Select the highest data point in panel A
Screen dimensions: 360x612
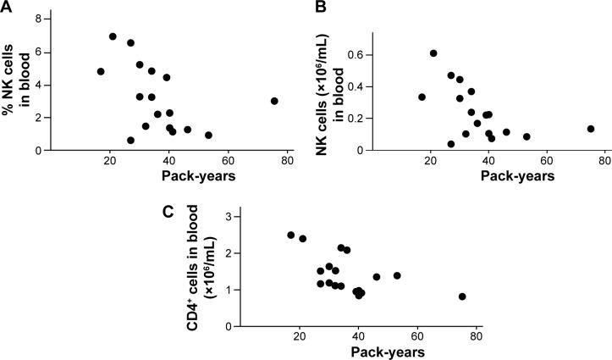click(x=113, y=36)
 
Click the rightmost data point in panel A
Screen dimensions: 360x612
click(x=274, y=101)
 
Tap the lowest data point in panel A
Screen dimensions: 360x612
click(x=130, y=141)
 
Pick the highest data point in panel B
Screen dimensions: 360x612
click(x=433, y=53)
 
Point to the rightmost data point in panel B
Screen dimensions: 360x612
click(x=591, y=129)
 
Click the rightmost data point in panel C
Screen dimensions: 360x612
click(x=462, y=296)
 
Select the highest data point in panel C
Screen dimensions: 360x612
click(x=291, y=235)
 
